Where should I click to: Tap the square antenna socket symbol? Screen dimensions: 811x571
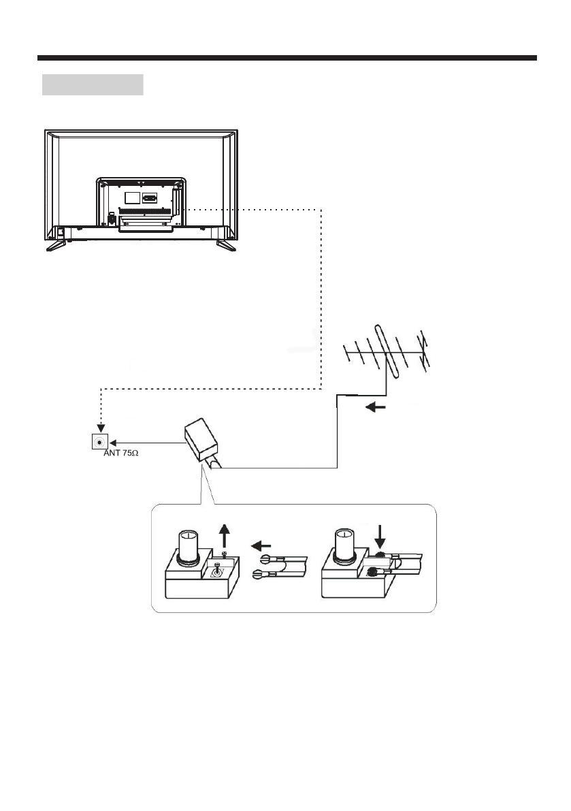[101, 441]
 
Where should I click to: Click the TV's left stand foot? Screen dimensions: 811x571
[55, 245]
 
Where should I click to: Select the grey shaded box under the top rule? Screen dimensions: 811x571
[93, 85]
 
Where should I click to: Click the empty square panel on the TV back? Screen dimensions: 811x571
[132, 198]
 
